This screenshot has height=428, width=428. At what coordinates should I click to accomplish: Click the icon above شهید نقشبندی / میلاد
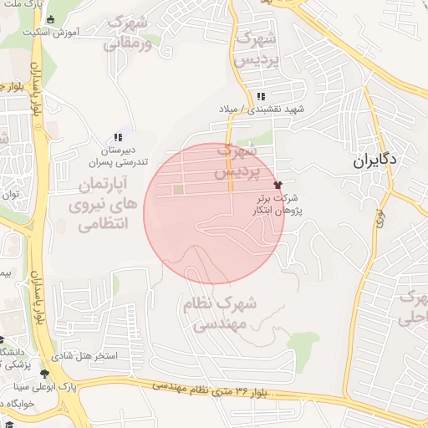[261, 96]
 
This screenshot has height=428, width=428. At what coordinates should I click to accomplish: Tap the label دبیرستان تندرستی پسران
[118, 155]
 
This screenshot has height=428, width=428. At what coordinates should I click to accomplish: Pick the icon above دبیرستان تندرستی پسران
[118, 136]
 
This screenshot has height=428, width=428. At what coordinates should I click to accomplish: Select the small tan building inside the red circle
[177, 190]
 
